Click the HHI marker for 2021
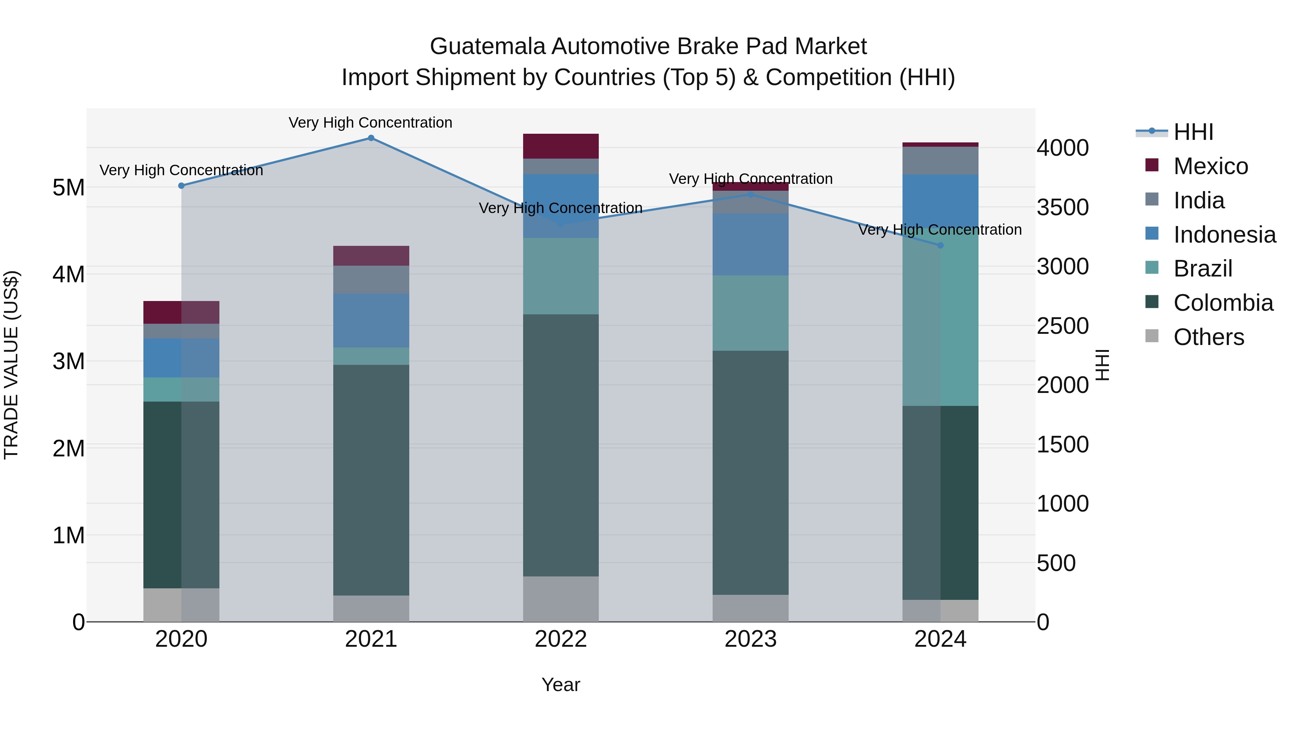(x=371, y=138)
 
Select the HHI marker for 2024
(x=940, y=245)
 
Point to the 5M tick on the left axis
(x=68, y=188)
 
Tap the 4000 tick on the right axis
(x=1062, y=148)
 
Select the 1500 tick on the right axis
(x=1062, y=445)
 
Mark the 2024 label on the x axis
(x=940, y=639)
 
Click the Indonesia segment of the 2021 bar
(x=371, y=320)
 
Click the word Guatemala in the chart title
(x=487, y=47)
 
